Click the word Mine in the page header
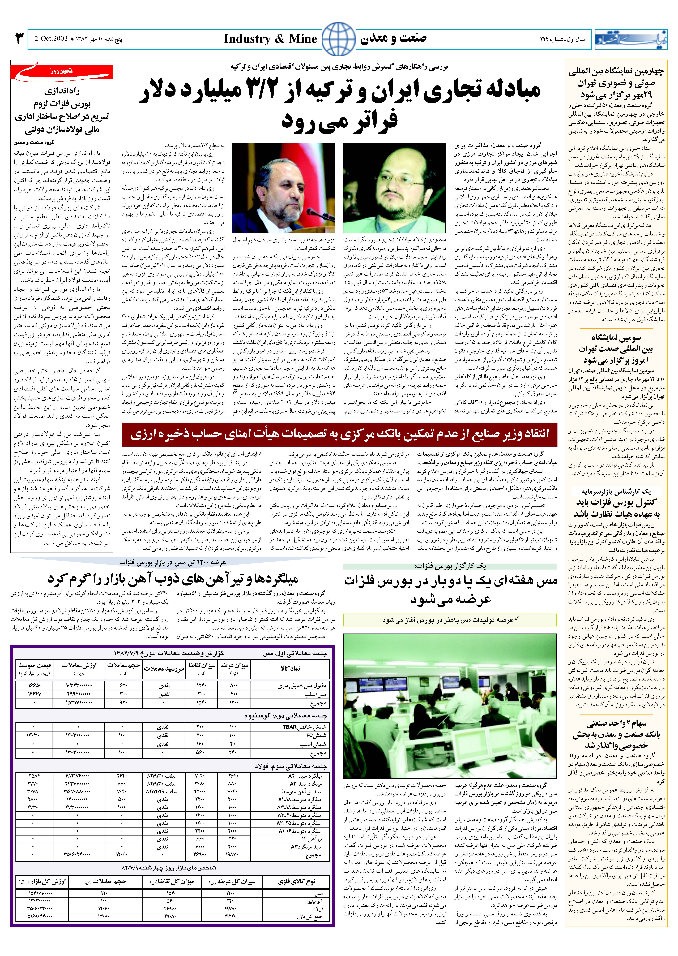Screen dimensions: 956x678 coord(303,39)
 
